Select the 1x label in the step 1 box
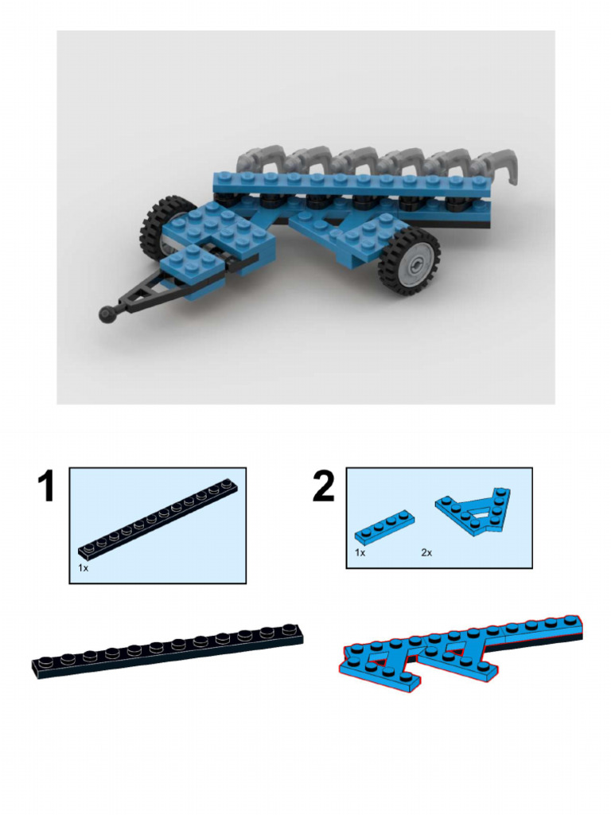pyautogui.click(x=84, y=568)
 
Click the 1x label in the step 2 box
pyautogui.click(x=360, y=552)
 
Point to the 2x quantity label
pyautogui.click(x=426, y=552)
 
